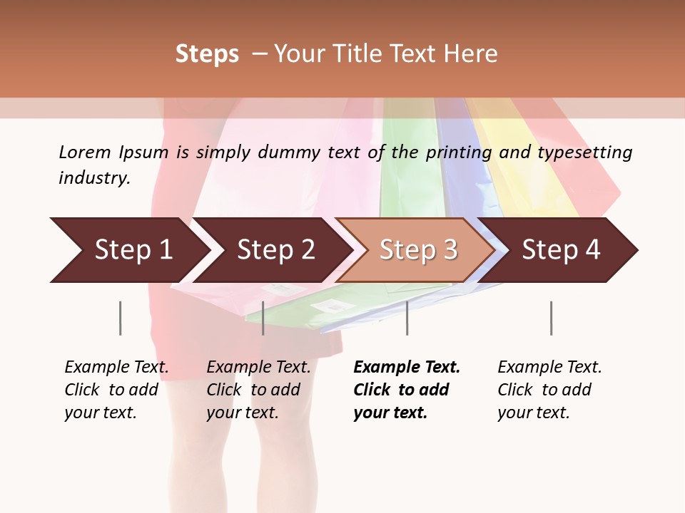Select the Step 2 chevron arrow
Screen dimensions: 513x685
tap(275, 250)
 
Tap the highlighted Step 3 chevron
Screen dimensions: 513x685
tap(418, 250)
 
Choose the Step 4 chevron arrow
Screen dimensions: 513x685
tap(561, 250)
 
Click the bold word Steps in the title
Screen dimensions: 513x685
tap(207, 54)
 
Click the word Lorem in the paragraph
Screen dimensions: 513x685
tap(85, 152)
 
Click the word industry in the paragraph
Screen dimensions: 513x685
tap(94, 177)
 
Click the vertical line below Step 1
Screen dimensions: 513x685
tap(121, 318)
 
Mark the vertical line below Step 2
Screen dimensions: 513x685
tap(263, 318)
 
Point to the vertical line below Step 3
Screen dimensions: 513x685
tap(407, 318)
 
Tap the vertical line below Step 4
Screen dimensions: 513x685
tap(551, 318)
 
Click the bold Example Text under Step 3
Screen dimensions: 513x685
tap(407, 367)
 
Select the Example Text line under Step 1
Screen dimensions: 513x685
tap(116, 367)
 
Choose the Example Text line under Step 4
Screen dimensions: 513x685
tap(549, 367)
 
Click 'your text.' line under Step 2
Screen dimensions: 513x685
tap(242, 413)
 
